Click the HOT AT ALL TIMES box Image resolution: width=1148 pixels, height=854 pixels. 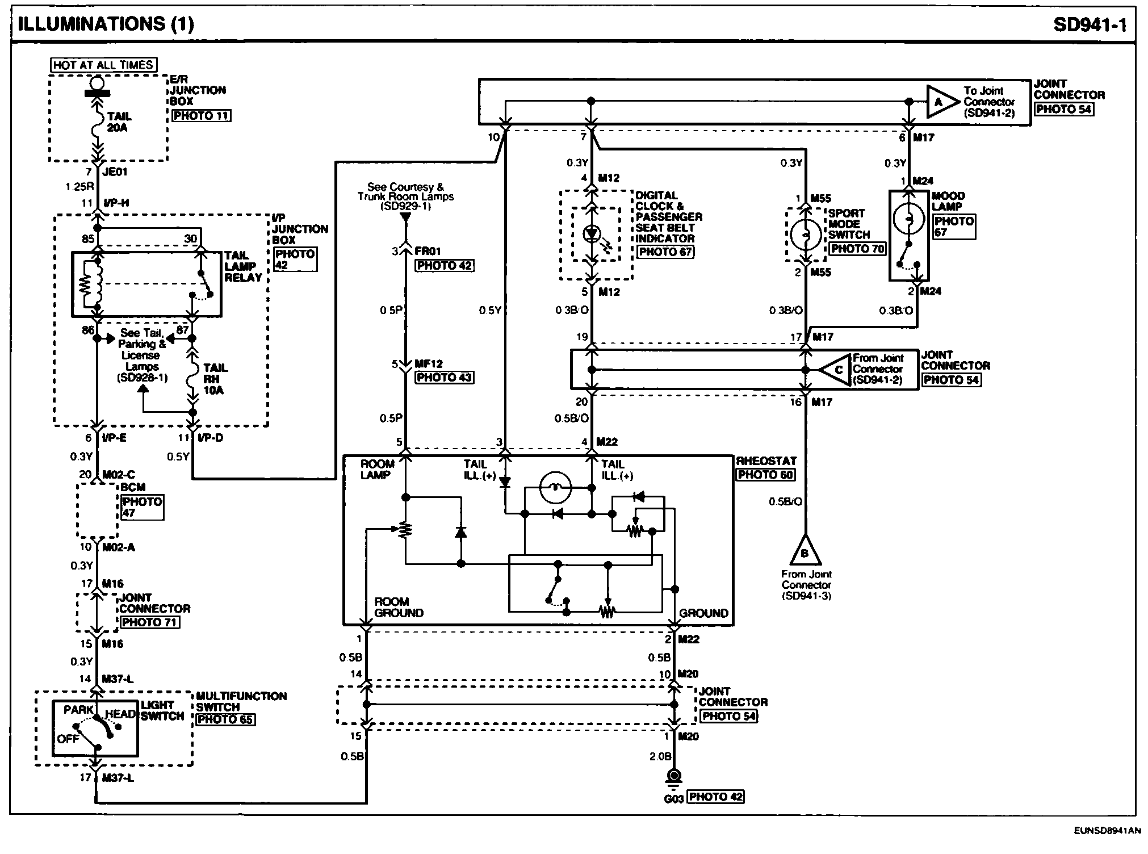coord(103,65)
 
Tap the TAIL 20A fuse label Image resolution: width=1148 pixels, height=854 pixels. coord(119,122)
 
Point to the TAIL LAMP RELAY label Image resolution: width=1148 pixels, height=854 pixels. coord(243,266)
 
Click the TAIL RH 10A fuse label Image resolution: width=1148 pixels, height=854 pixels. coord(215,379)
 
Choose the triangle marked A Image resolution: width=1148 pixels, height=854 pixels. coord(939,102)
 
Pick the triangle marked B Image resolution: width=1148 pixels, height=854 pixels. coord(805,550)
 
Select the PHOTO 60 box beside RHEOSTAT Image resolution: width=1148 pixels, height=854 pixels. coord(765,475)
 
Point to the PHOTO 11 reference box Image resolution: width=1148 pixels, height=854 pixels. coord(202,116)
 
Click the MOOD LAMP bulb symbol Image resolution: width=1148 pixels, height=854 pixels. coord(909,219)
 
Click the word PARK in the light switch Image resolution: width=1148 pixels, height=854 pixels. coord(78,710)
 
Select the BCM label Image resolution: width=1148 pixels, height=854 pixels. coord(133,487)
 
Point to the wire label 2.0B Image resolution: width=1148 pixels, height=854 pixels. coord(661,756)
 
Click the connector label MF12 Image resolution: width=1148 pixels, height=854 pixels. coord(429,364)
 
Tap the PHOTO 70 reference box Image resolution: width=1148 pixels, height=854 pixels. coord(857,249)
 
